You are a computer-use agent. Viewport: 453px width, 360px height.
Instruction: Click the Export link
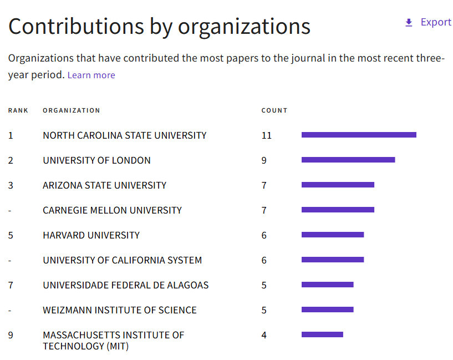(436, 22)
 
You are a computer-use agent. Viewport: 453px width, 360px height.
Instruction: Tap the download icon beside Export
(409, 23)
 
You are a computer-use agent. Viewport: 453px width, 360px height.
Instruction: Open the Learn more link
(91, 75)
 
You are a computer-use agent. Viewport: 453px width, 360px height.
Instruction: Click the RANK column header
(18, 110)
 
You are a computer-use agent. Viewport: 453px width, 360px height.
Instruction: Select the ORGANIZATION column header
(72, 110)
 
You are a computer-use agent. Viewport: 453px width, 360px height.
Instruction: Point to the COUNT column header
(274, 110)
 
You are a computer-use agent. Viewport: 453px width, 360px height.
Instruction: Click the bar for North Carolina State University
(359, 135)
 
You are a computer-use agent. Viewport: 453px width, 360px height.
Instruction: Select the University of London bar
(348, 160)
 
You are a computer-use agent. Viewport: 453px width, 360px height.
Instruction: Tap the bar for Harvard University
(333, 235)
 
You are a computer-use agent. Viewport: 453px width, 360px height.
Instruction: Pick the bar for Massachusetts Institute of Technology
(322, 334)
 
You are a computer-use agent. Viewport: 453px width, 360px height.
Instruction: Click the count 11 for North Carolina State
(267, 135)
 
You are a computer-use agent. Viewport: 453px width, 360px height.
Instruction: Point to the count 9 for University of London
(264, 160)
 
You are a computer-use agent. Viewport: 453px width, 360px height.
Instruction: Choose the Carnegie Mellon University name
(112, 210)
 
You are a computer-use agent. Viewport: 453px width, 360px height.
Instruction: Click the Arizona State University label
(104, 185)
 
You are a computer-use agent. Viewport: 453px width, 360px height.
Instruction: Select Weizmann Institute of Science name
(119, 310)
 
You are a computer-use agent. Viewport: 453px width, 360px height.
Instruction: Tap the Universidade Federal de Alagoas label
(125, 285)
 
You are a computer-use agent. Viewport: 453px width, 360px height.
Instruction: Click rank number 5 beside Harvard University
(11, 235)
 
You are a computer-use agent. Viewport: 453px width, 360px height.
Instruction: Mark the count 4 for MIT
(264, 335)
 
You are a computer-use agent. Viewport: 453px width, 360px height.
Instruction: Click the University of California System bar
(333, 260)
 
